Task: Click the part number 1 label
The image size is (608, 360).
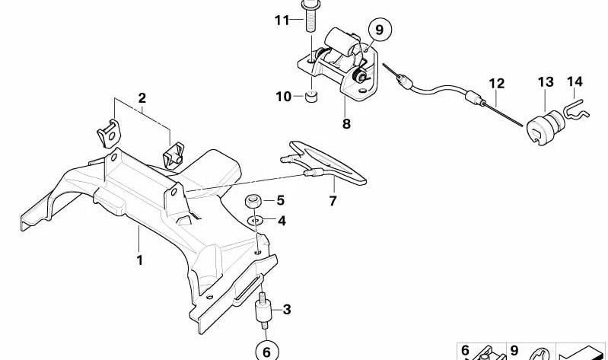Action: coord(139,260)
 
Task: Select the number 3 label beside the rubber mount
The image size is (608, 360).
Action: coord(287,309)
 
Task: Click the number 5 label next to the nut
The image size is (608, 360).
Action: coord(280,201)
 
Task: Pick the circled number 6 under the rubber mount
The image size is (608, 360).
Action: coord(266,351)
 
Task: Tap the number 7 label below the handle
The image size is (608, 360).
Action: coord(333,201)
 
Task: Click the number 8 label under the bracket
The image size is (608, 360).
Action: coord(346,123)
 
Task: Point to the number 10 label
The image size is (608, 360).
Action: coord(283,97)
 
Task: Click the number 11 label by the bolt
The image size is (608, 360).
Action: coord(282,20)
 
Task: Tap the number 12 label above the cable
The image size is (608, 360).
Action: coord(496,81)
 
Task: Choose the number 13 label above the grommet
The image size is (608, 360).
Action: coord(546,81)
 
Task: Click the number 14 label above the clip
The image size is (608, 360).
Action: coord(573,81)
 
